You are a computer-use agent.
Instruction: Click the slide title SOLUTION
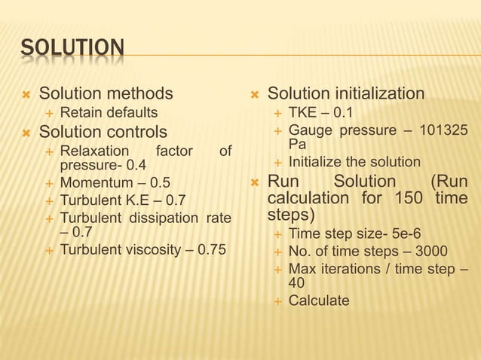coord(72,50)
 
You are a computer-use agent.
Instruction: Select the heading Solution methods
coord(106,94)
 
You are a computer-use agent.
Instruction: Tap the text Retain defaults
coord(109,113)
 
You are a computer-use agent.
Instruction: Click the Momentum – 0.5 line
coord(115,183)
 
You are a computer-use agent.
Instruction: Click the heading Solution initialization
coord(346,94)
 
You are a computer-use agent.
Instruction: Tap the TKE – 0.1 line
coord(320,113)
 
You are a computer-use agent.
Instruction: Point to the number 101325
coord(444,130)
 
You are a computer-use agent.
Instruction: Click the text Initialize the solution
coord(354,162)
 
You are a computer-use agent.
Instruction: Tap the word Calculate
coord(319,301)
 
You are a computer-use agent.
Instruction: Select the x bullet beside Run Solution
coord(254,182)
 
